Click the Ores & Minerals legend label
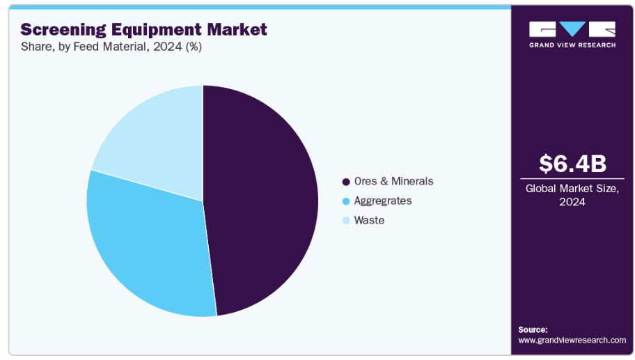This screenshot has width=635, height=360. pyautogui.click(x=393, y=181)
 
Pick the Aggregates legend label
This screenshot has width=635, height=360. pyautogui.click(x=382, y=201)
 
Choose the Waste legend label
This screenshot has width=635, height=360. pyautogui.click(x=369, y=220)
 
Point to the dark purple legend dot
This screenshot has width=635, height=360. pyautogui.click(x=345, y=182)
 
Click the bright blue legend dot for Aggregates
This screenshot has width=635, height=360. pyautogui.click(x=345, y=201)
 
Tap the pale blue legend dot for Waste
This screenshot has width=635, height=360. pyautogui.click(x=345, y=221)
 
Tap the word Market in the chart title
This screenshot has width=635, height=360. pyautogui.click(x=241, y=29)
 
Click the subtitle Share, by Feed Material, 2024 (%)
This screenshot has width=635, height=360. pyautogui.click(x=111, y=47)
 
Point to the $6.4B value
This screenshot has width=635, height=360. pyautogui.click(x=572, y=164)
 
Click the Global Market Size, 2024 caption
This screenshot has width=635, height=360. pyautogui.click(x=572, y=194)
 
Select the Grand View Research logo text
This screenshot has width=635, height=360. pyautogui.click(x=572, y=45)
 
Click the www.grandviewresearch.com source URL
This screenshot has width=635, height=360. pyautogui.click(x=572, y=340)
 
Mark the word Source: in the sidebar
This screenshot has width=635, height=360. pyautogui.click(x=533, y=329)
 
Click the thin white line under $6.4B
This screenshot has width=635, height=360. pyautogui.click(x=572, y=179)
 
